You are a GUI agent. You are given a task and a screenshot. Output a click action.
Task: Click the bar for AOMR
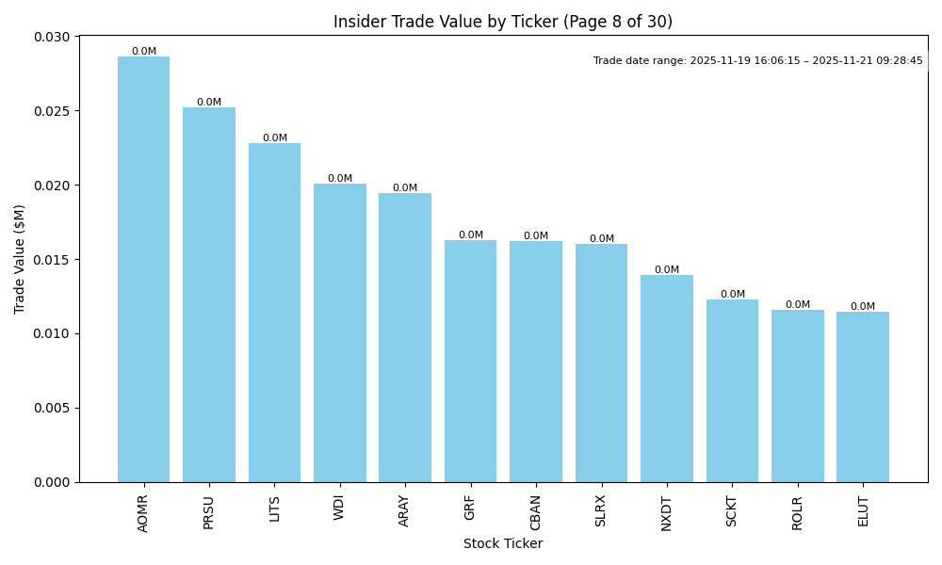143,269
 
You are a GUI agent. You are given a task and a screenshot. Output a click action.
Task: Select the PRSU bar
209,295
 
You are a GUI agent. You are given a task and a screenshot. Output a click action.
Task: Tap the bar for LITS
274,313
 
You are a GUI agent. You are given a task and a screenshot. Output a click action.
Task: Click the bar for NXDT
666,379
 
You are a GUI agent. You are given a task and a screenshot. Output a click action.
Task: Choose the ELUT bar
863,396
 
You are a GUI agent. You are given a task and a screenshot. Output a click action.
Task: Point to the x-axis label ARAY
405,509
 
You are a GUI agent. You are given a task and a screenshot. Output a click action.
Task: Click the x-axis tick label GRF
470,507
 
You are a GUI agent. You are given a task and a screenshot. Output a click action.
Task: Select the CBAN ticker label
535,512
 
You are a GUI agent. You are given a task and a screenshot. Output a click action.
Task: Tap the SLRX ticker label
601,510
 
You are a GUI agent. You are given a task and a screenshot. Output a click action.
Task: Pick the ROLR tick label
797,512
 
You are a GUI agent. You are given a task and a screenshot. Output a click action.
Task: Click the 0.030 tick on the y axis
53,37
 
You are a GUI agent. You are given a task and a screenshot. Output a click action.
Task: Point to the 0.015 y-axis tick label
53,260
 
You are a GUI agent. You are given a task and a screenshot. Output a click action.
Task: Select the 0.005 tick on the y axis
53,408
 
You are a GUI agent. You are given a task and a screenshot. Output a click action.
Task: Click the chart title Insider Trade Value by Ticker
503,22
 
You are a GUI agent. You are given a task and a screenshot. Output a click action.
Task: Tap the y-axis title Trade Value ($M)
20,259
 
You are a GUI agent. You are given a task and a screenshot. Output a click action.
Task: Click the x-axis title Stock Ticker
503,543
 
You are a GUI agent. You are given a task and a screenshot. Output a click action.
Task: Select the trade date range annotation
757,60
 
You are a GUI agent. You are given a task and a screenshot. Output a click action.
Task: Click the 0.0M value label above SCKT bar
732,295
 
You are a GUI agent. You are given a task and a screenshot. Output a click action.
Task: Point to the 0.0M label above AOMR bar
144,52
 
